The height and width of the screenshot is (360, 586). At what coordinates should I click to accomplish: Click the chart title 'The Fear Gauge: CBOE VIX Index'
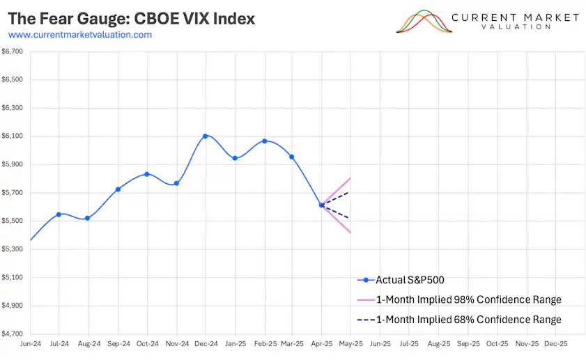point(132,18)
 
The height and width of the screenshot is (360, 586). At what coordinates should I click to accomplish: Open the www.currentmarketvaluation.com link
point(80,35)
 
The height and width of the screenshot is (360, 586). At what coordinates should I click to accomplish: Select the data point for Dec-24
point(205,136)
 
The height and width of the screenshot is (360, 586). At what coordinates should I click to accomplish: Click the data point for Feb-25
point(264,141)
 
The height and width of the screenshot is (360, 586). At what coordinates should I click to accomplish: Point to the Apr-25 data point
point(321,205)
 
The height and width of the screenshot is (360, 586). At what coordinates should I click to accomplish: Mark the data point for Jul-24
point(59,214)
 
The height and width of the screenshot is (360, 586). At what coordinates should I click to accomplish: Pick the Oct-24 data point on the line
point(146,174)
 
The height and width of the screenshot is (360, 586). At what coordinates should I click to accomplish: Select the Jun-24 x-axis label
point(30,343)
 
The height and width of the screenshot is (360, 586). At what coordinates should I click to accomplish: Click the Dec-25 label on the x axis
point(555,343)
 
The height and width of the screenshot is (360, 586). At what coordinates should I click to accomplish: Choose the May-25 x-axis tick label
point(350,343)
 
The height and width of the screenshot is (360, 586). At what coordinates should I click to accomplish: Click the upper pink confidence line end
point(349,179)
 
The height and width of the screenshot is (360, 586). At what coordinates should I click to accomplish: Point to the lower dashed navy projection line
point(338,212)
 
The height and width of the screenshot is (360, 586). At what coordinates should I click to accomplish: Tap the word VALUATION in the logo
point(515,26)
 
